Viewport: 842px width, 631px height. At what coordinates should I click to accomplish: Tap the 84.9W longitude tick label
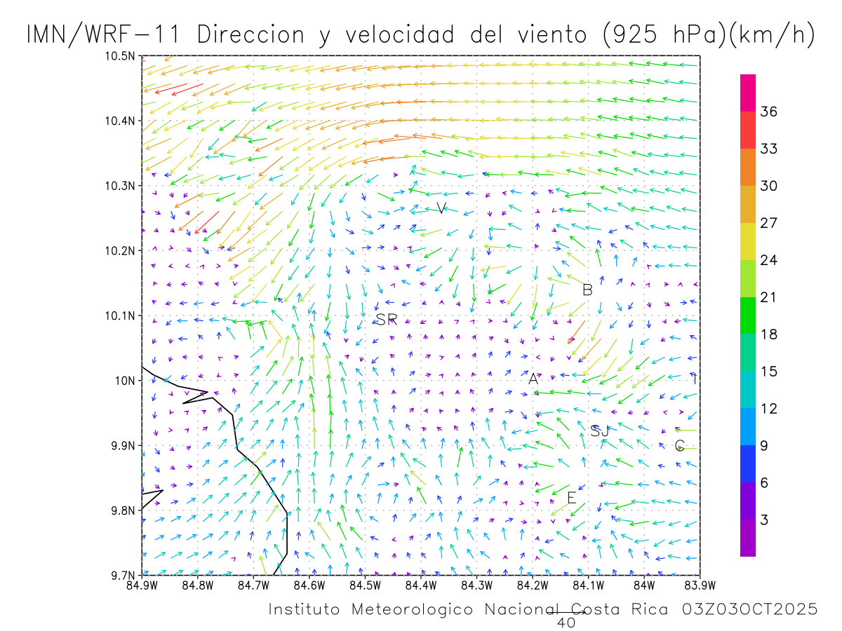pos(142,585)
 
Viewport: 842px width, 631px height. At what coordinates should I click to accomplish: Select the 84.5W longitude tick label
pos(365,585)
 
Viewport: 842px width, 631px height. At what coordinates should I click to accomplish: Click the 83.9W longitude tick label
pos(700,585)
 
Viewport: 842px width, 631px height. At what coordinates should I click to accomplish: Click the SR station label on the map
pos(387,320)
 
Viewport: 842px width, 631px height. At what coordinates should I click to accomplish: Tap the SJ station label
pos(599,431)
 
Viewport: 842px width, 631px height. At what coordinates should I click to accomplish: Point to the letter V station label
pos(441,208)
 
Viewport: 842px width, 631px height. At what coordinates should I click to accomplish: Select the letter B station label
pos(588,290)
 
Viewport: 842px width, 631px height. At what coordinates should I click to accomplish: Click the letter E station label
pos(571,498)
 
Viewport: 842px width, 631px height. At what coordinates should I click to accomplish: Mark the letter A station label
pos(533,379)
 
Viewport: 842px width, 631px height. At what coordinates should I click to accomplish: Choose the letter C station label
pos(679,446)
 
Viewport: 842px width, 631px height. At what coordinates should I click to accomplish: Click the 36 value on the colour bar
pos(769,111)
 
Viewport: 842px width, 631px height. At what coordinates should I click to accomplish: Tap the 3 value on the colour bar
pos(765,520)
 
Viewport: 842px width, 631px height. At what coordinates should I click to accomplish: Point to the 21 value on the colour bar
pos(769,297)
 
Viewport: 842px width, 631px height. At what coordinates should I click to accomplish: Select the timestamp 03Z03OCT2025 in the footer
pos(749,610)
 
